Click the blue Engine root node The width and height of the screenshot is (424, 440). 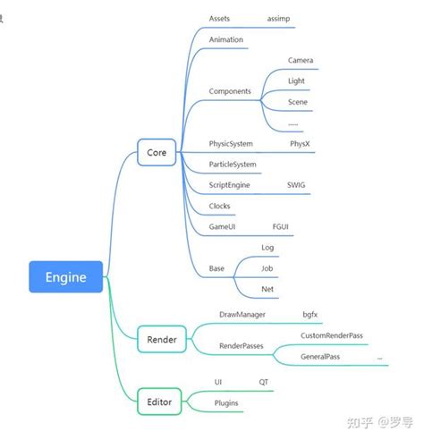coord(66,277)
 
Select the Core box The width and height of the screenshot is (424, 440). coord(157,153)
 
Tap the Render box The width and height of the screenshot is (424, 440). coord(161,339)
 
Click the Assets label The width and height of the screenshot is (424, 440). coord(219,18)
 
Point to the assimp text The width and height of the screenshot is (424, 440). coord(280,18)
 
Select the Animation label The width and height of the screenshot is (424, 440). coord(225,40)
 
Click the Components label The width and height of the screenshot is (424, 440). coord(230,91)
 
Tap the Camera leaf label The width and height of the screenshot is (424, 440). coord(301,61)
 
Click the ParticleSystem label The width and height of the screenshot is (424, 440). coord(233,165)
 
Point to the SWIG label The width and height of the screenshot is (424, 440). coord(296,185)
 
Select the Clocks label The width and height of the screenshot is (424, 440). coord(219,206)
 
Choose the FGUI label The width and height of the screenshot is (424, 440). coord(281,227)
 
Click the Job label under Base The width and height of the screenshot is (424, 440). coord(267,267)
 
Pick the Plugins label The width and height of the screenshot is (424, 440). coord(226,403)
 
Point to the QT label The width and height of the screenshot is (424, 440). coord(264,382)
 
